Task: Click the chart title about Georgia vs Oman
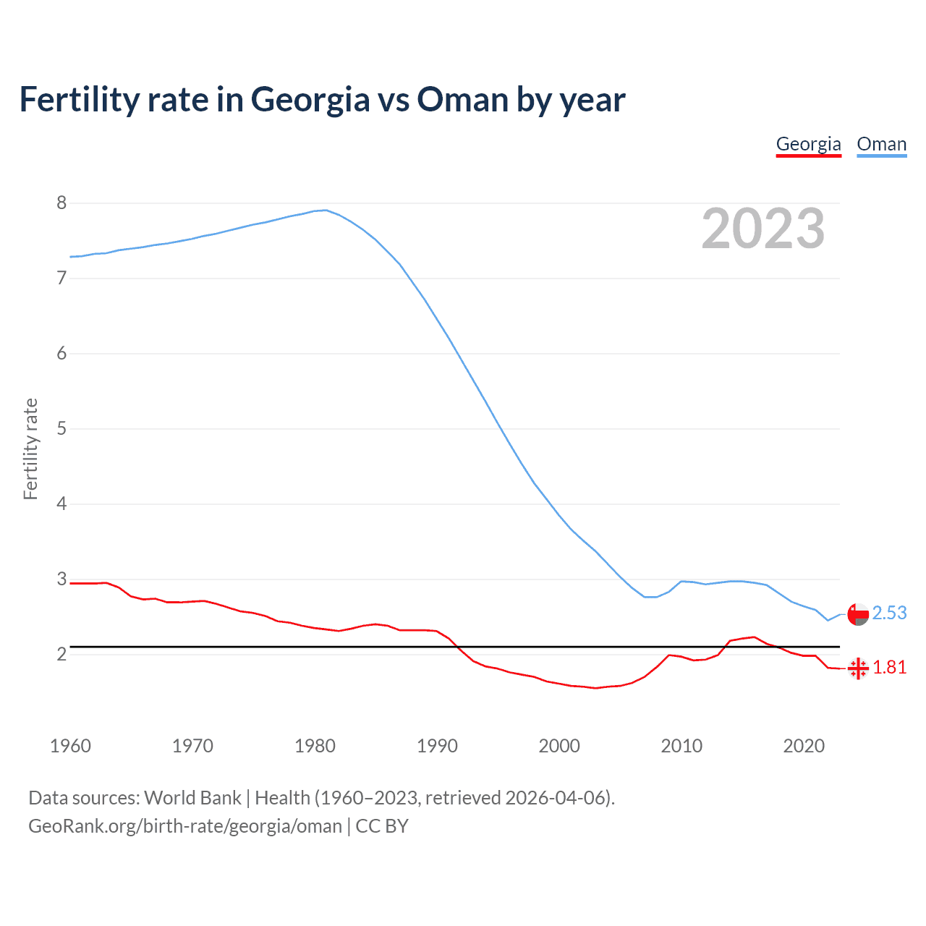click(322, 100)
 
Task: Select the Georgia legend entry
click(808, 144)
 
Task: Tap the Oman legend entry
click(881, 144)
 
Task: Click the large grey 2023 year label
click(763, 229)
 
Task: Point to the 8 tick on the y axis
click(61, 203)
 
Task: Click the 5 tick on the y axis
click(61, 429)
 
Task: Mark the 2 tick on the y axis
click(61, 655)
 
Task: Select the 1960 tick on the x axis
click(70, 746)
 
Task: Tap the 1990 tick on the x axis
click(437, 746)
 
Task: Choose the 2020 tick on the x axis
click(804, 746)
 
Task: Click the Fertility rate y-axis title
click(30, 449)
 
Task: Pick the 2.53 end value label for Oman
click(889, 613)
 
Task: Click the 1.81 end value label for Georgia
click(889, 668)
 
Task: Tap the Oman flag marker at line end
click(858, 614)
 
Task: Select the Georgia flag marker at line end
click(858, 668)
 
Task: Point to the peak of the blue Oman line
click(326, 210)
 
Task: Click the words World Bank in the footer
click(192, 798)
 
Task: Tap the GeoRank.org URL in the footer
click(185, 826)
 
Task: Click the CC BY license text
click(382, 826)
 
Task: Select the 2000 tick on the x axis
click(559, 746)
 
